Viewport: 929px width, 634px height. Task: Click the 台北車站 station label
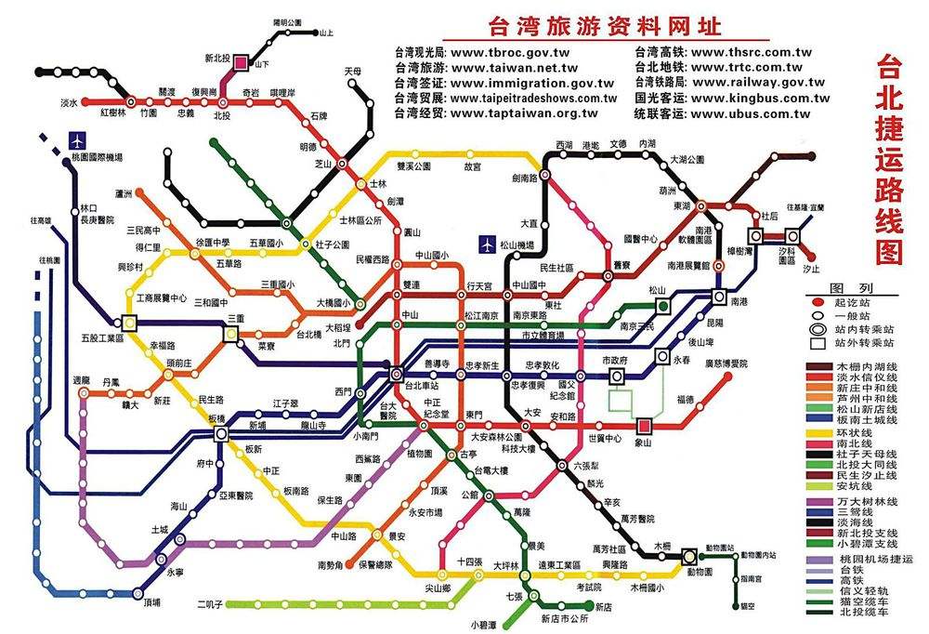pos(423,382)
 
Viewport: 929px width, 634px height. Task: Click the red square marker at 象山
pos(644,427)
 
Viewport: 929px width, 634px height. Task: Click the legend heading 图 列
pos(851,288)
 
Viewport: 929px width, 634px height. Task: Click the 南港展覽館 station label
pos(688,266)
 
